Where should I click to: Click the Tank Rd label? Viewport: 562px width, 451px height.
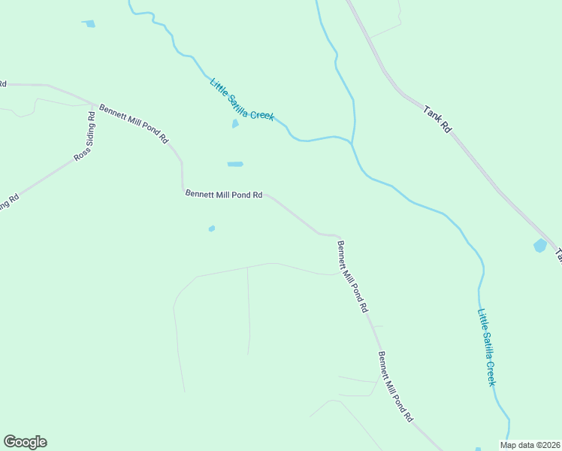point(437,120)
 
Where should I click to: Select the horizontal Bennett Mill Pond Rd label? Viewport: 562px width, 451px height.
point(224,194)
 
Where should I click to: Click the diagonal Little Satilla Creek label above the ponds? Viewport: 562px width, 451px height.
point(242,99)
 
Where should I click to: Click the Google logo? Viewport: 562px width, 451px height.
point(25,442)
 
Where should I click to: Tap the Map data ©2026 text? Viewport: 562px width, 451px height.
point(530,445)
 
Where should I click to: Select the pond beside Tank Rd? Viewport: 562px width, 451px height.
point(539,245)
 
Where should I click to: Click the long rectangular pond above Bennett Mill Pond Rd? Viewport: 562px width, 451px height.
point(235,164)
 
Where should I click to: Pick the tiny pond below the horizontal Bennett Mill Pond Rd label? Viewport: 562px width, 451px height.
point(212,229)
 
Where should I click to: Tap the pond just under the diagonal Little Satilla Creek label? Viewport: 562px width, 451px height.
point(235,124)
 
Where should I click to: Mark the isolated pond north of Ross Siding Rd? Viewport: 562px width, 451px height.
point(90,24)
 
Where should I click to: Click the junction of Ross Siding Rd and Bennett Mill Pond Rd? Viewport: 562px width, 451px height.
point(92,105)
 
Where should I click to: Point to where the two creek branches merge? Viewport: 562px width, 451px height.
point(352,141)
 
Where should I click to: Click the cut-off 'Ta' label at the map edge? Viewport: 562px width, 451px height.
point(558,256)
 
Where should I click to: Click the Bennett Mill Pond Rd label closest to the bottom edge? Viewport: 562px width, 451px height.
point(396,386)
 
